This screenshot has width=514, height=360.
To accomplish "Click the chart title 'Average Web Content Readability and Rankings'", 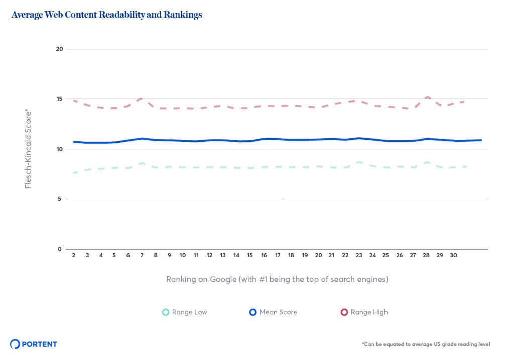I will click(106, 15).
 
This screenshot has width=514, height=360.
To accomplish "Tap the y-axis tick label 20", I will click(59, 49).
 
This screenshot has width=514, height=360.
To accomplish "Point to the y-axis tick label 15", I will click(59, 99).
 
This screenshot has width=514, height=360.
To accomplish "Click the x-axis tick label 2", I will click(74, 255).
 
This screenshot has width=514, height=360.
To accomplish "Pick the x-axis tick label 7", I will click(142, 255).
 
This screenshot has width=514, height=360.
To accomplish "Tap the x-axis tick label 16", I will click(264, 255).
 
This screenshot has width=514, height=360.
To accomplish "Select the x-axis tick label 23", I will click(359, 255).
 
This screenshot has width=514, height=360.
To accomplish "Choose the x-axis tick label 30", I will click(453, 255).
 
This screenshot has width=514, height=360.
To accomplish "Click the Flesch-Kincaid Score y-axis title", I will click(28, 149).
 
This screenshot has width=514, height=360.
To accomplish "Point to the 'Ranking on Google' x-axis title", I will click(277, 279).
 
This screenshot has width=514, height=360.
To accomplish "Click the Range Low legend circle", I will click(165, 312).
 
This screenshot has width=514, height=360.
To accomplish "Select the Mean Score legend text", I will click(278, 312).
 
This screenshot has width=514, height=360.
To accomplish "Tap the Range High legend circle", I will click(344, 312).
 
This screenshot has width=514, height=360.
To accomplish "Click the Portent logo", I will click(34, 344).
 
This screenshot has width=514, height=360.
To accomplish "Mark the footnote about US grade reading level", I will click(426, 344).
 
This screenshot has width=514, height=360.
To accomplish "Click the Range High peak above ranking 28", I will click(427, 97).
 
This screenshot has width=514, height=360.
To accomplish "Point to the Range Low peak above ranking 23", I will click(359, 162).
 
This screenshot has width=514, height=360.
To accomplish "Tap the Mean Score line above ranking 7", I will click(142, 138).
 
